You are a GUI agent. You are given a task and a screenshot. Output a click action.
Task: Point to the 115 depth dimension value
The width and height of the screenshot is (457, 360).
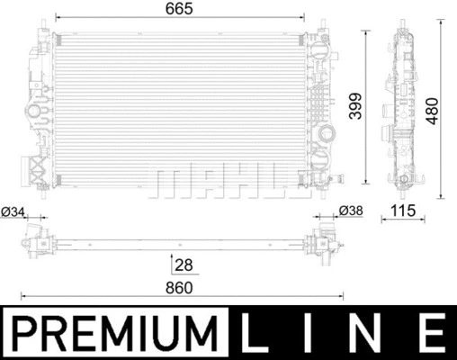click(x=403, y=212)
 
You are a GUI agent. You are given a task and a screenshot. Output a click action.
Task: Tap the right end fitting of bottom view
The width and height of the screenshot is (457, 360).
click(x=321, y=241)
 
